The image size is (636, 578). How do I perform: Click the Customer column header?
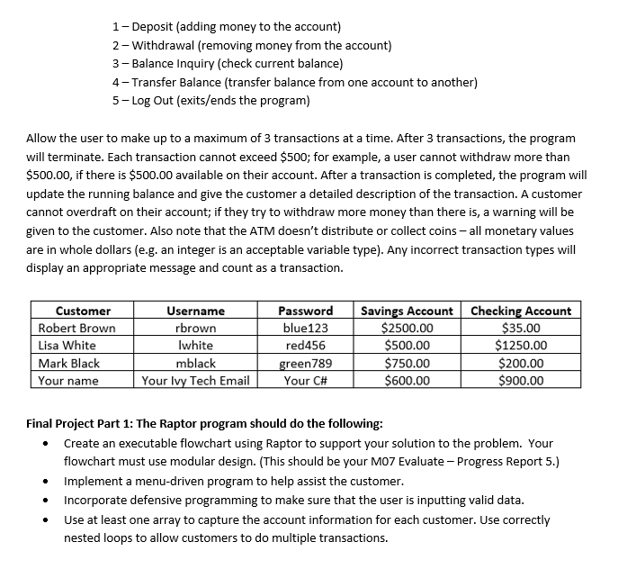click(x=83, y=311)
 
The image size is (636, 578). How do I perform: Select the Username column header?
click(x=195, y=311)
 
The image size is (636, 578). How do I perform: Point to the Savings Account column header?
click(x=407, y=311)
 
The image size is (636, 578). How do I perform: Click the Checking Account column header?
click(x=521, y=311)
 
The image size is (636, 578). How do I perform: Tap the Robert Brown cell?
click(x=76, y=328)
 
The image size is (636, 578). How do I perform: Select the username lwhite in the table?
click(x=195, y=345)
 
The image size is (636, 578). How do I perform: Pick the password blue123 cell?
click(x=305, y=328)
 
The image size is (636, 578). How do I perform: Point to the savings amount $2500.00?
click(x=408, y=328)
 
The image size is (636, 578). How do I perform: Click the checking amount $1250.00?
click(x=521, y=345)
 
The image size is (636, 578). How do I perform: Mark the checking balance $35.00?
click(x=521, y=328)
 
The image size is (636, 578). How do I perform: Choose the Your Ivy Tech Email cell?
click(x=195, y=380)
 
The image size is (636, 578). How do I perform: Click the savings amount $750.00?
click(x=408, y=363)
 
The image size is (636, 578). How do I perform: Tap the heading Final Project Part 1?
click(x=205, y=423)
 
